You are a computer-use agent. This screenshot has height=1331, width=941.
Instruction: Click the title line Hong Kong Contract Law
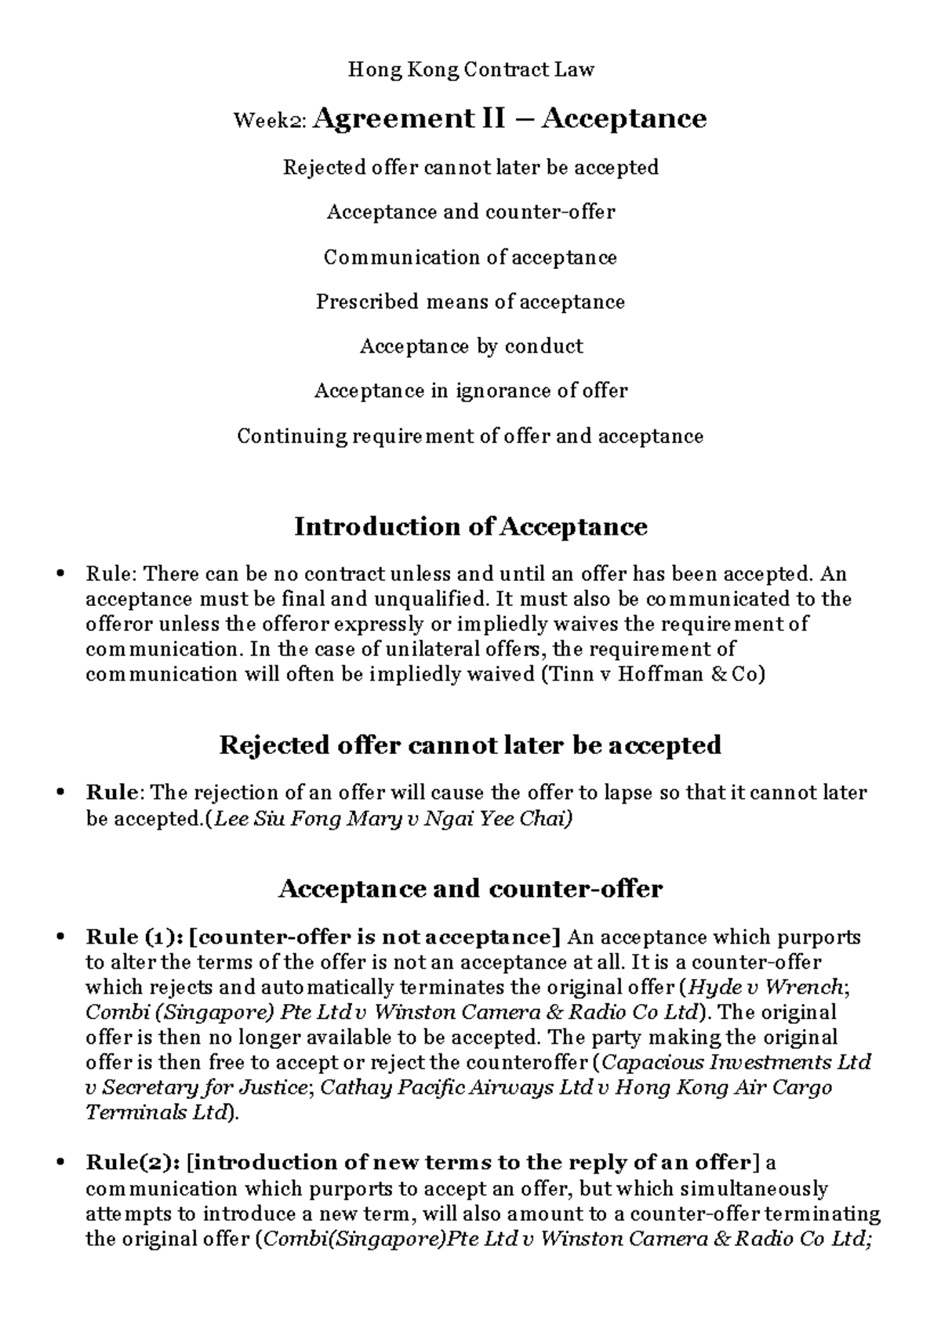tap(470, 70)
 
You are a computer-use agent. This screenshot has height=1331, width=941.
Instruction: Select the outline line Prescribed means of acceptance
tap(470, 302)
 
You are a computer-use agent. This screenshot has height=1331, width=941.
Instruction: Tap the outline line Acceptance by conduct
tap(470, 346)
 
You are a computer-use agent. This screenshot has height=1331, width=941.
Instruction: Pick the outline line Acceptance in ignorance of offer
tap(470, 390)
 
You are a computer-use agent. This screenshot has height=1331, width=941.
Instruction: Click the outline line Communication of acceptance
tap(470, 257)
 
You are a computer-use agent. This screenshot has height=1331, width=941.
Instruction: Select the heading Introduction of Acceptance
tap(470, 527)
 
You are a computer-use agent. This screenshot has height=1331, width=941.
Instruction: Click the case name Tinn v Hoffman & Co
tap(652, 674)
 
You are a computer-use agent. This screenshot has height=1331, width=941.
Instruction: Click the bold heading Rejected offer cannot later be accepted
tap(470, 745)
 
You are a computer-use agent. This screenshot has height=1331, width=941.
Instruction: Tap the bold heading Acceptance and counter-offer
tap(470, 889)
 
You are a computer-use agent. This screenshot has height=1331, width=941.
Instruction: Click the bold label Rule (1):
tap(134, 938)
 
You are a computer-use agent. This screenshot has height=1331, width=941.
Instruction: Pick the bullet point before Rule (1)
tap(61, 938)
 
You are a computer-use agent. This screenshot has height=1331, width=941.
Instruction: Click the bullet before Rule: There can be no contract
tap(61, 575)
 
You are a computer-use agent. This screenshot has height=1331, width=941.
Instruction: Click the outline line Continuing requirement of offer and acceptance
tap(470, 436)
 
